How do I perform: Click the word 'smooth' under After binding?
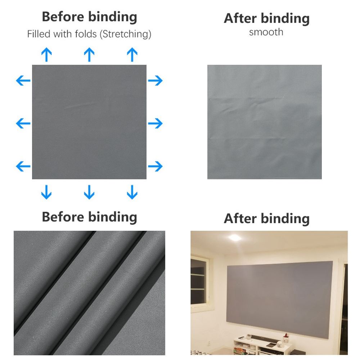click(x=266, y=32)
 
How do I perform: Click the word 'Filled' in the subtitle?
click(x=38, y=35)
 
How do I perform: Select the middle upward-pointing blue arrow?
click(x=89, y=55)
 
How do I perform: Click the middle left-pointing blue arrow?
click(x=23, y=123)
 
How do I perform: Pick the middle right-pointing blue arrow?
click(x=155, y=123)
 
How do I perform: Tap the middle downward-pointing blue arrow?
click(x=89, y=192)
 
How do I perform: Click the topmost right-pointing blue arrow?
click(x=155, y=81)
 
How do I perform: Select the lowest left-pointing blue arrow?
click(x=23, y=166)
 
